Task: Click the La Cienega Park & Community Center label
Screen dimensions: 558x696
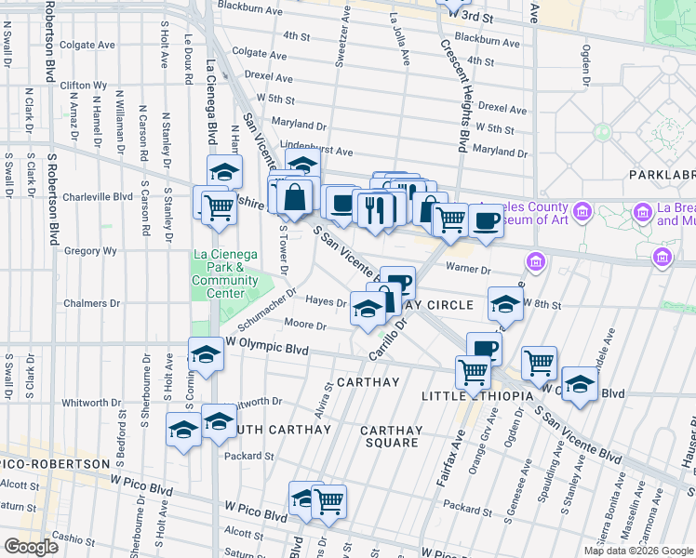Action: [225, 274]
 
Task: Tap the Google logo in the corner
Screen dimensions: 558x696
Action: [31, 547]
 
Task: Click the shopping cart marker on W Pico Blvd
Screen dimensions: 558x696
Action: [328, 502]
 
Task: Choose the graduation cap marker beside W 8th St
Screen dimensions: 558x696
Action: [505, 305]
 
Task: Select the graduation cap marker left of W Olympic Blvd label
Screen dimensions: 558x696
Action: [206, 354]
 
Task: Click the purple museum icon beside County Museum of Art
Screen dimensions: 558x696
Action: [582, 213]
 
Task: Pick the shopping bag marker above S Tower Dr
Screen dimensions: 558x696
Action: [294, 197]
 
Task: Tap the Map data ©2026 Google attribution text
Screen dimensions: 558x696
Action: [638, 551]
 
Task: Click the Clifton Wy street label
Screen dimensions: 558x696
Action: [82, 85]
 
